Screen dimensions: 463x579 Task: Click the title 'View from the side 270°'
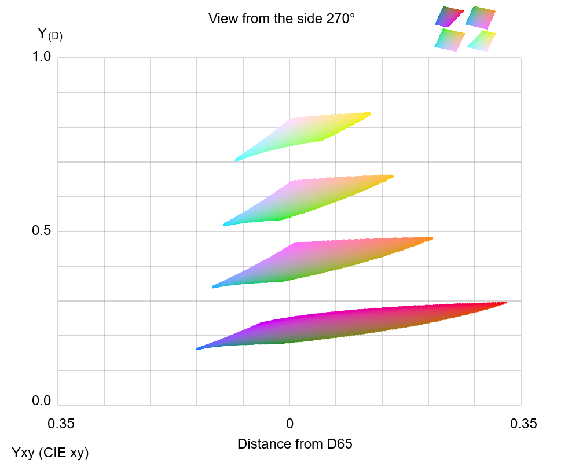(281, 19)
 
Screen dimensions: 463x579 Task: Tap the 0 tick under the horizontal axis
(289, 424)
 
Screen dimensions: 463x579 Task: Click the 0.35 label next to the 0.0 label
(61, 424)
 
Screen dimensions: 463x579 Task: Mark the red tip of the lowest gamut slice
(504, 303)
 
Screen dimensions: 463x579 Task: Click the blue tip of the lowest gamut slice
(199, 349)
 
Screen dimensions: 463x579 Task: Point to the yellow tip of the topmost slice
(369, 114)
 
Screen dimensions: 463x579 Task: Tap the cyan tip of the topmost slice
(237, 159)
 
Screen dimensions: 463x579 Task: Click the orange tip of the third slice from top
(431, 238)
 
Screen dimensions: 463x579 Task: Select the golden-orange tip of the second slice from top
(391, 176)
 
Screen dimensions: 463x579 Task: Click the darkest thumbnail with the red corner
(449, 16)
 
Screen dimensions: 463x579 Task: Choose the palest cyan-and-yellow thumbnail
(481, 41)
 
